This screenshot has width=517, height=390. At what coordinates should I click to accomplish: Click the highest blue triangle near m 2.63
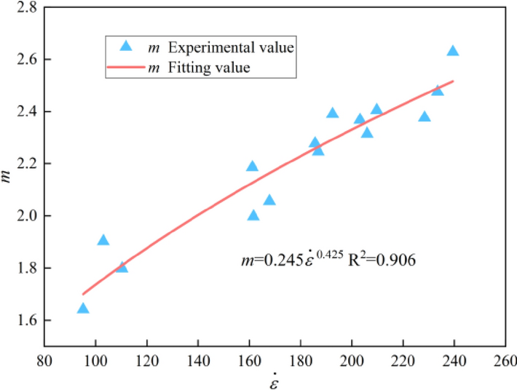point(453,51)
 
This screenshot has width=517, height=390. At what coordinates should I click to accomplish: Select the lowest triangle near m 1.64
point(83,309)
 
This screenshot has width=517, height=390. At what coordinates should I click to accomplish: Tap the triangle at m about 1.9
point(103,240)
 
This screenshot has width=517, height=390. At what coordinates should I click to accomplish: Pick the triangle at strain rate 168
point(269,200)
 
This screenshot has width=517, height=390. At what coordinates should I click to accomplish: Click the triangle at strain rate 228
point(425,116)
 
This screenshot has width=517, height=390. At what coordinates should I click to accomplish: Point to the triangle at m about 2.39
point(333,113)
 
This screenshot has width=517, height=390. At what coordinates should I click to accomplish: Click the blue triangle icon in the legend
point(125,47)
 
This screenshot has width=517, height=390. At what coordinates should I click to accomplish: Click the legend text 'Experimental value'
point(231,47)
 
